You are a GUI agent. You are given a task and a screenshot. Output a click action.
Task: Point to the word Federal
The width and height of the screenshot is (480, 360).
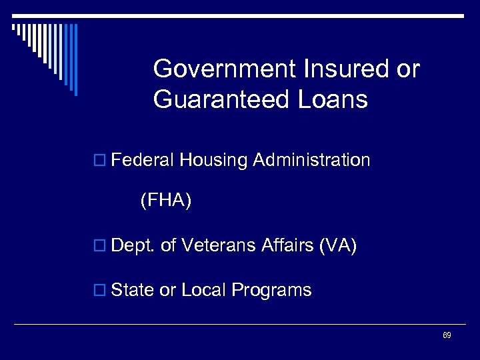coord(141,160)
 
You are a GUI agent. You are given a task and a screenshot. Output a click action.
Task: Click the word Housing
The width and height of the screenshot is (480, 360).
coord(212,160)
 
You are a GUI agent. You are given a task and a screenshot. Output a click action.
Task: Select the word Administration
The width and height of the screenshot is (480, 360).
coord(311,160)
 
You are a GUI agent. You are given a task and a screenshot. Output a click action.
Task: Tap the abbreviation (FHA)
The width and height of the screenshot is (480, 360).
coord(165,201)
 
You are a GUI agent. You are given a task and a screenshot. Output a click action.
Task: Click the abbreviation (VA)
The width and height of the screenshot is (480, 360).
coord(339,246)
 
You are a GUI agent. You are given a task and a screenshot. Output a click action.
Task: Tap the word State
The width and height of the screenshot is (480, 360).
coord(133,290)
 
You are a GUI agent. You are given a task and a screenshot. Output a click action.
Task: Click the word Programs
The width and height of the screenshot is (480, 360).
coord(271,291)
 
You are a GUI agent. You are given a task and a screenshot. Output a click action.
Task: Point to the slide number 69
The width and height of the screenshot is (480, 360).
coord(447,335)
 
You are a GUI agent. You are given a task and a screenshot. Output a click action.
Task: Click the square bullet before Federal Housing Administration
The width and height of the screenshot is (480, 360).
coord(101,161)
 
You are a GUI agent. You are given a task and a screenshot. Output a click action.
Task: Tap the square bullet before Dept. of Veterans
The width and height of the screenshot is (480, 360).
coord(101,247)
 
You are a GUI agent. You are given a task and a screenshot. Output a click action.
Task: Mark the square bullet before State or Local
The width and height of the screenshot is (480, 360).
coord(101,291)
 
